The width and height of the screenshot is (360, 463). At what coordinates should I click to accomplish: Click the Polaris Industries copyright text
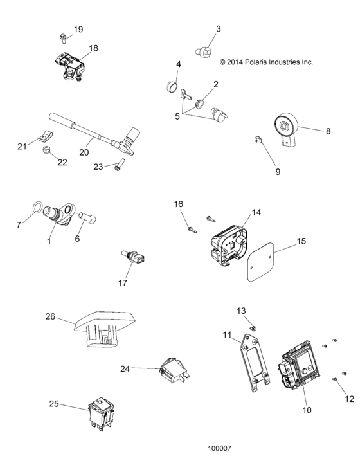(265, 62)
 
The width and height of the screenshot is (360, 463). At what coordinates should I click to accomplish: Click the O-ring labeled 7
(38, 209)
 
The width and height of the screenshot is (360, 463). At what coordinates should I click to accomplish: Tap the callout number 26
(50, 316)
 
